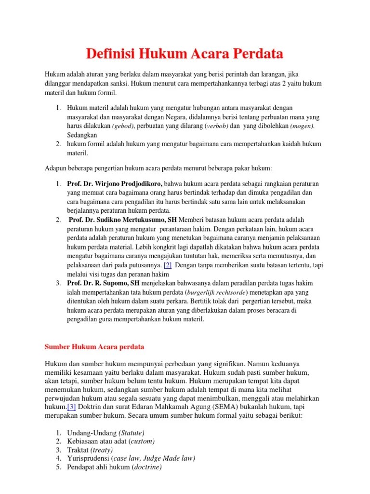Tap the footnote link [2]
(x=168, y=265)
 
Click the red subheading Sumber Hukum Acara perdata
(x=94, y=346)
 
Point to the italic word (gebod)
(x=124, y=126)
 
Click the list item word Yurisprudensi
(x=88, y=458)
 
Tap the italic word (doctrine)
(x=147, y=467)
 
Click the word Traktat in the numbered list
(x=77, y=450)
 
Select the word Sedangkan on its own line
(x=82, y=135)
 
